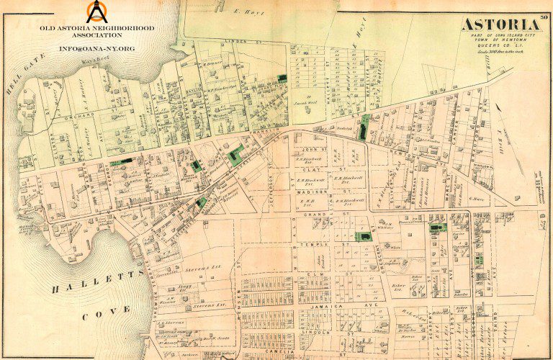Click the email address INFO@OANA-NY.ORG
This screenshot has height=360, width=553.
(x=96, y=48)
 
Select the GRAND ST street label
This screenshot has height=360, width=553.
(x=314, y=214)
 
